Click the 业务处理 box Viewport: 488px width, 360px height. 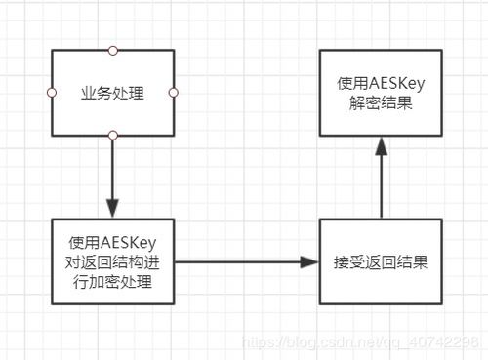pyautogui.click(x=112, y=92)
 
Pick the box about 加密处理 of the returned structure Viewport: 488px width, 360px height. pyautogui.click(x=113, y=261)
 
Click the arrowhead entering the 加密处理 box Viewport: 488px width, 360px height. pyautogui.click(x=113, y=209)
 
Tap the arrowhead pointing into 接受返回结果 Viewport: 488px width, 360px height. pyautogui.click(x=310, y=262)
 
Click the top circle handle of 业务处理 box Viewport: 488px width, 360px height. pyautogui.click(x=113, y=49)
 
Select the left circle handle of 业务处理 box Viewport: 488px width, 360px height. pyautogui.click(x=52, y=92)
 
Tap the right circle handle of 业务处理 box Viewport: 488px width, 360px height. pyautogui.click(x=174, y=92)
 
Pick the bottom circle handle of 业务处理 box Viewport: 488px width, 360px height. pyautogui.click(x=113, y=135)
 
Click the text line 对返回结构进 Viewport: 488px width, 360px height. pyautogui.click(x=113, y=261)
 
